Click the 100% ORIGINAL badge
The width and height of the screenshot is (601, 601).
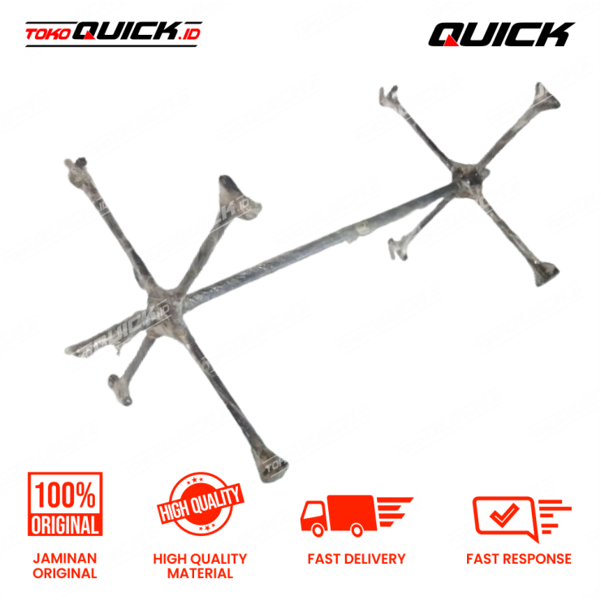click(x=66, y=504)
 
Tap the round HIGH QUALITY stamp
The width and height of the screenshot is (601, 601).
click(x=200, y=508)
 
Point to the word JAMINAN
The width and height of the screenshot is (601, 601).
click(x=65, y=559)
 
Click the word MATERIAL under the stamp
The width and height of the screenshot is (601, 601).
click(x=200, y=573)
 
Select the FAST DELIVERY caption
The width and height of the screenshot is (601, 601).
click(x=356, y=559)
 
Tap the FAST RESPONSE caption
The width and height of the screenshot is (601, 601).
click(x=518, y=559)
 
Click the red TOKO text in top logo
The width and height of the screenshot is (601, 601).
click(x=47, y=34)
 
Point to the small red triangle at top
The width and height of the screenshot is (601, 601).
click(x=452, y=41)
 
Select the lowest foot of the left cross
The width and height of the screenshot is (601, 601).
click(x=266, y=467)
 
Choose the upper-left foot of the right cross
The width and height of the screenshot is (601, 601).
click(x=391, y=95)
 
